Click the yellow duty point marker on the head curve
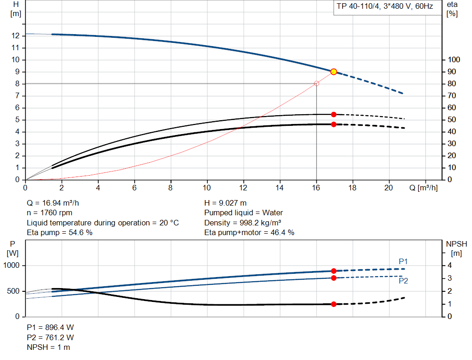coord(334,71)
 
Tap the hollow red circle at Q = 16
coord(316,83)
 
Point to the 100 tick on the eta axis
coord(454,59)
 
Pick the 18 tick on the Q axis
coord(353,188)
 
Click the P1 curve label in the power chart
coord(403,261)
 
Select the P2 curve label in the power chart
coord(403,280)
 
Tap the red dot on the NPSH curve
coord(334,304)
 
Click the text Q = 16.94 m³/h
coord(56,203)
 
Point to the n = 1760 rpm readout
coord(50,213)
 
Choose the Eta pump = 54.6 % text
coord(60,233)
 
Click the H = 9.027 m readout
coord(225,203)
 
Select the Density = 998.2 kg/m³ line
coord(243,223)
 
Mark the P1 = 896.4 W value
coord(50,328)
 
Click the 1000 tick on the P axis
coord(13,266)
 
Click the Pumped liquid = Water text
coord(244,213)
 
